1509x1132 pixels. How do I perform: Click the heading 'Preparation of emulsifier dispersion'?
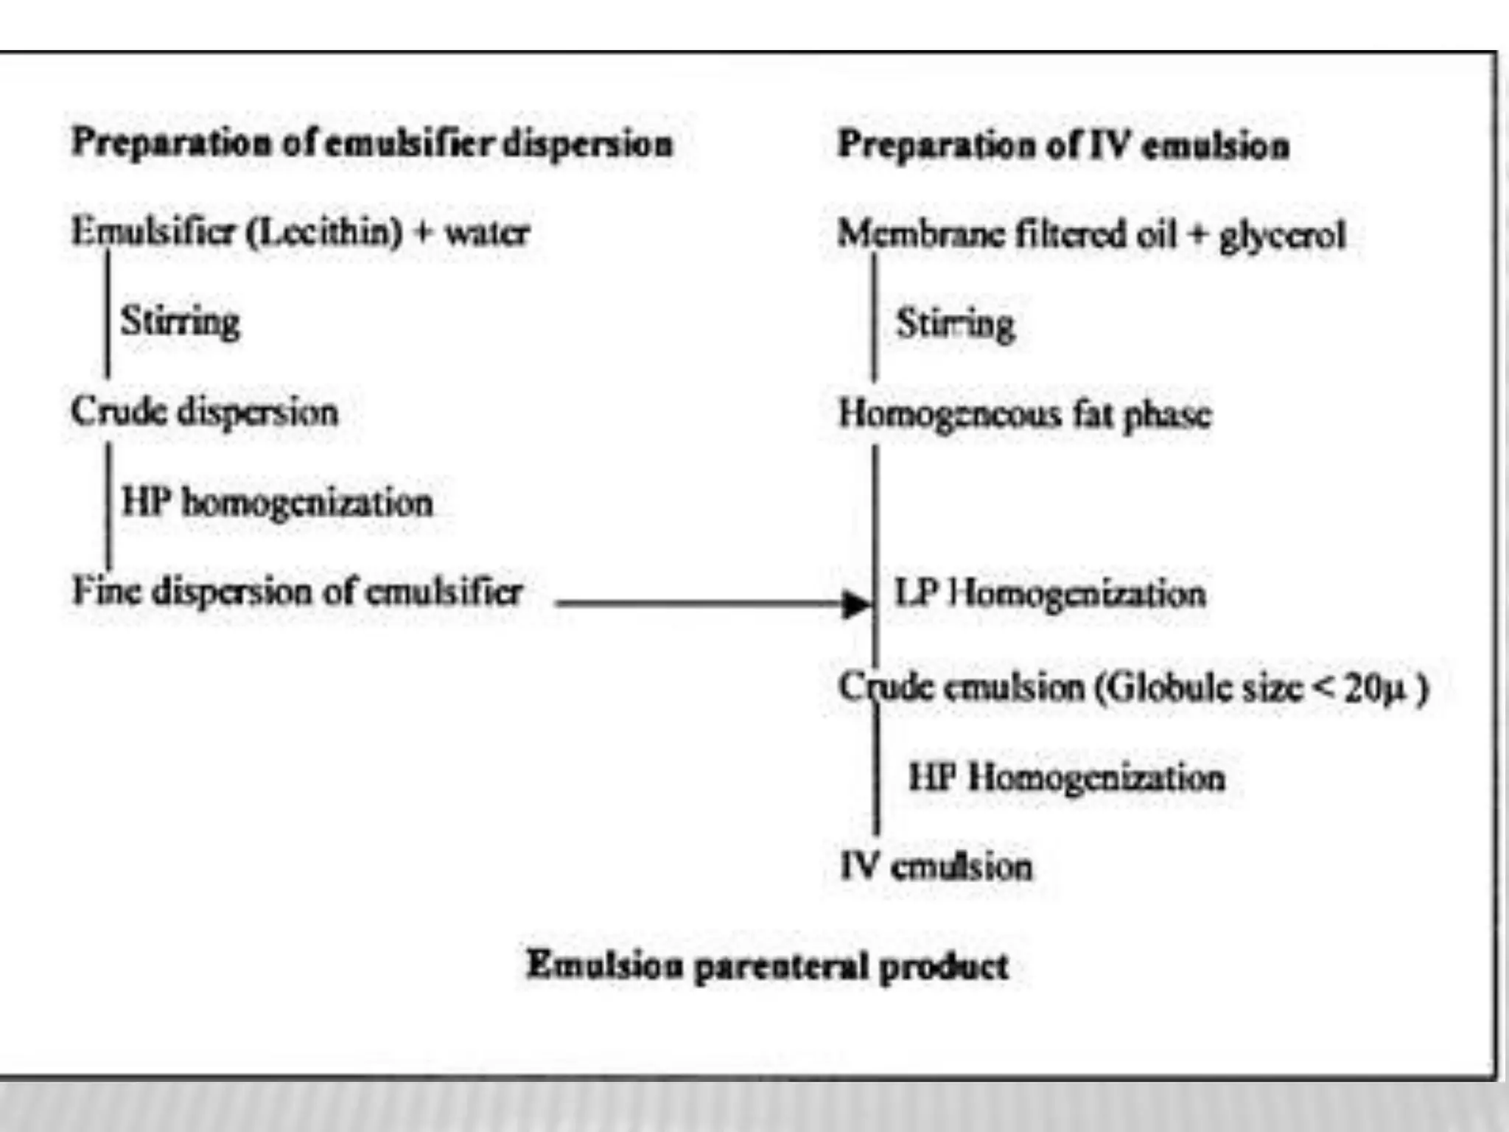click(x=372, y=143)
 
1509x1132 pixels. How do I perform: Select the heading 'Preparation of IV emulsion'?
click(x=1063, y=145)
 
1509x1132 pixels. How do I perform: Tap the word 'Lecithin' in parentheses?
click(x=325, y=232)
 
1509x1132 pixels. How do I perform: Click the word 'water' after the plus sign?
click(x=487, y=233)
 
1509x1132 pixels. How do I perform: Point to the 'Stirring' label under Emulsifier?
click(x=181, y=321)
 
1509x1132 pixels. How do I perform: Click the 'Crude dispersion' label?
click(x=205, y=411)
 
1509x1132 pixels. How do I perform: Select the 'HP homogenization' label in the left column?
click(x=277, y=503)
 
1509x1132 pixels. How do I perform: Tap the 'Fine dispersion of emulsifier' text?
click(x=298, y=592)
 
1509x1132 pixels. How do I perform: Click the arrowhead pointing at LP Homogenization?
click(x=856, y=604)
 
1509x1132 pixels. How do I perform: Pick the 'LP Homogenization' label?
click(x=1050, y=593)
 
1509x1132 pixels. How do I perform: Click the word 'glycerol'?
click(x=1283, y=236)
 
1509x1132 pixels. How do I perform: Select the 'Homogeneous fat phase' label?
click(x=1025, y=414)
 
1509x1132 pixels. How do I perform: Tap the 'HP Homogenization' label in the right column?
click(x=1066, y=778)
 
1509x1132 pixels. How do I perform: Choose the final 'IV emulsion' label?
click(x=936, y=866)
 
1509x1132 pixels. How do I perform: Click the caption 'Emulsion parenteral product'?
click(x=767, y=965)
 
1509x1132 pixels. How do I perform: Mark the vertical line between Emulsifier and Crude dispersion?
click(x=108, y=313)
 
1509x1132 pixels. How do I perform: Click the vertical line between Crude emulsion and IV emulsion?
click(x=876, y=774)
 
